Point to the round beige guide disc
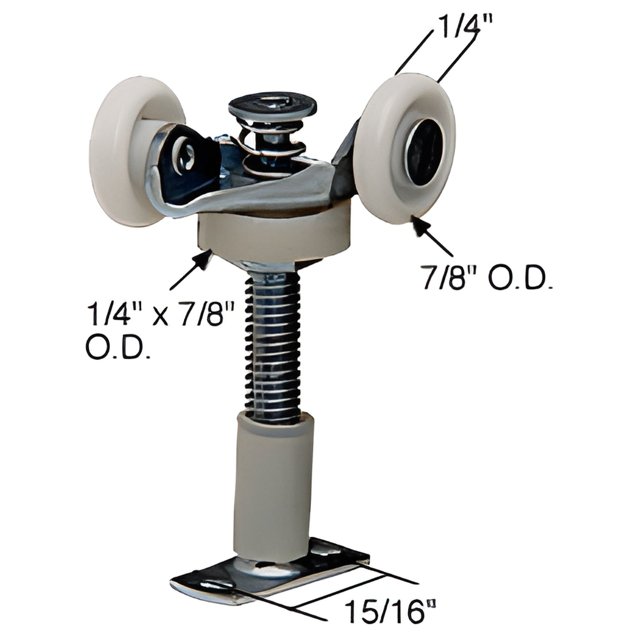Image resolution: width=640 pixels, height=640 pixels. [272, 235]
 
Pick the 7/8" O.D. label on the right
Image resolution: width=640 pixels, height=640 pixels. [487, 278]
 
